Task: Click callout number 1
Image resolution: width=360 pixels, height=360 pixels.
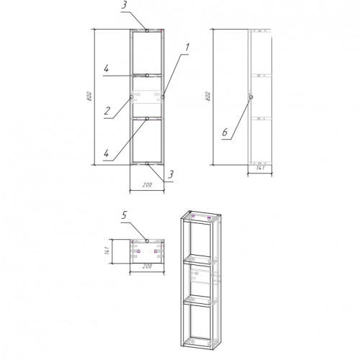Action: pos(187,48)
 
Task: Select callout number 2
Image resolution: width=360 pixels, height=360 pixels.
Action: pos(107,111)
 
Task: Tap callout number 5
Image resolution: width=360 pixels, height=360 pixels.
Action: pos(124,215)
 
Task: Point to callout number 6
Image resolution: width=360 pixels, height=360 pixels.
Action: pos(225,132)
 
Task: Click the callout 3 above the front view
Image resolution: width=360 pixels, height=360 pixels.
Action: pos(124,5)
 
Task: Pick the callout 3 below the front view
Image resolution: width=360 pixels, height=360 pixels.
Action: pos(171,174)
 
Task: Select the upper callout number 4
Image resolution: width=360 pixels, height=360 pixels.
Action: pos(106,69)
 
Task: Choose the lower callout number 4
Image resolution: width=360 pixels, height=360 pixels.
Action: pos(106,153)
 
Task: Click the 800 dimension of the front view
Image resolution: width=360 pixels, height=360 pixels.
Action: pos(89,96)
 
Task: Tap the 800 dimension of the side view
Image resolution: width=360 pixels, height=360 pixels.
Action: pos(208,96)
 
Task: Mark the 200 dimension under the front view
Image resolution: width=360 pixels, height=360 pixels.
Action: pos(147,185)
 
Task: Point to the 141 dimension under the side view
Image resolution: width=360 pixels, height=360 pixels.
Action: pos(260,168)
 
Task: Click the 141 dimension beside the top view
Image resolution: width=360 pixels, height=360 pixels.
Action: pos(107,251)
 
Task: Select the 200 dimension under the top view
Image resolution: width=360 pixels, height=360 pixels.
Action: pos(147,266)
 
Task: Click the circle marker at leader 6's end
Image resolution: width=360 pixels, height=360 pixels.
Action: pos(251,97)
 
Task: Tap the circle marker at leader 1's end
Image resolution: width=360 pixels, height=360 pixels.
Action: pos(163,96)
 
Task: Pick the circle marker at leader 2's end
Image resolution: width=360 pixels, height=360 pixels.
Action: pos(131,97)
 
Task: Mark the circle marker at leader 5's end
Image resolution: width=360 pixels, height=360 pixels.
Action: pos(147,240)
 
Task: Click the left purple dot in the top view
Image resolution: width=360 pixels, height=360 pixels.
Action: pos(138,251)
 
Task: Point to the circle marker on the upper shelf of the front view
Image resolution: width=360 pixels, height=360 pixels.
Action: pos(147,76)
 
